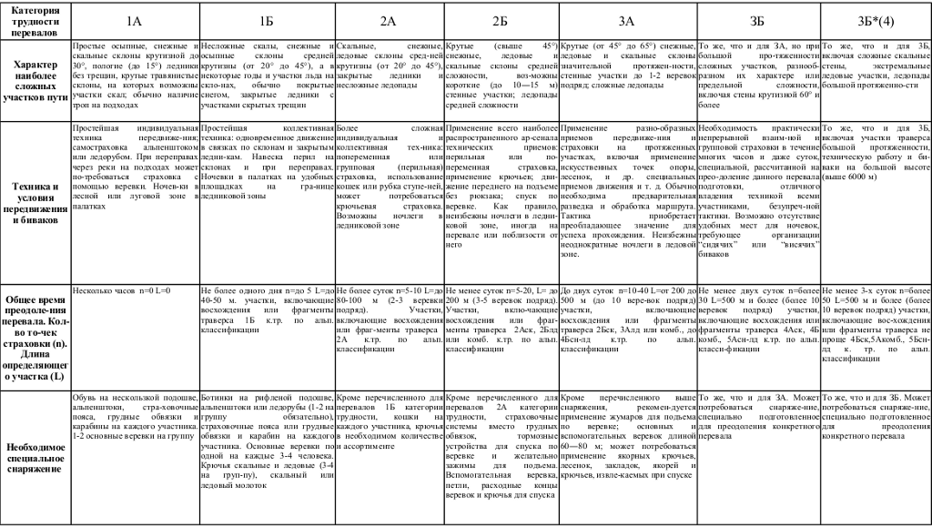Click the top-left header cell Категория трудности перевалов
[35, 19]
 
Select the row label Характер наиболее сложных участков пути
[35, 81]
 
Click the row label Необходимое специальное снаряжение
[35, 451]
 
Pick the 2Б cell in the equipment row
[501, 451]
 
